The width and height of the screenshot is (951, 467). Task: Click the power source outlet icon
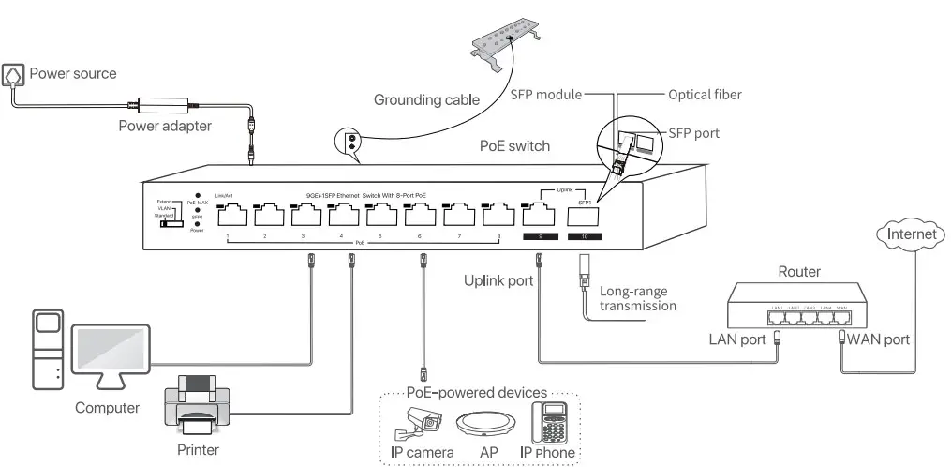(15, 74)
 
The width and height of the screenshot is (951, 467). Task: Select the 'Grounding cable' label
(426, 99)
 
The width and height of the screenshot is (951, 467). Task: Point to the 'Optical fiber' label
(705, 95)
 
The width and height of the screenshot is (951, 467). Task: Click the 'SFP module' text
(545, 95)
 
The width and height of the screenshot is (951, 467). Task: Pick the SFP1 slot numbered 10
(584, 216)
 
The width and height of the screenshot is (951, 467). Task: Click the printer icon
(198, 404)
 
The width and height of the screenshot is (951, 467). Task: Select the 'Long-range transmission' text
(637, 298)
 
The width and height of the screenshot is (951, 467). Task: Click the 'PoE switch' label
(514, 146)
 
